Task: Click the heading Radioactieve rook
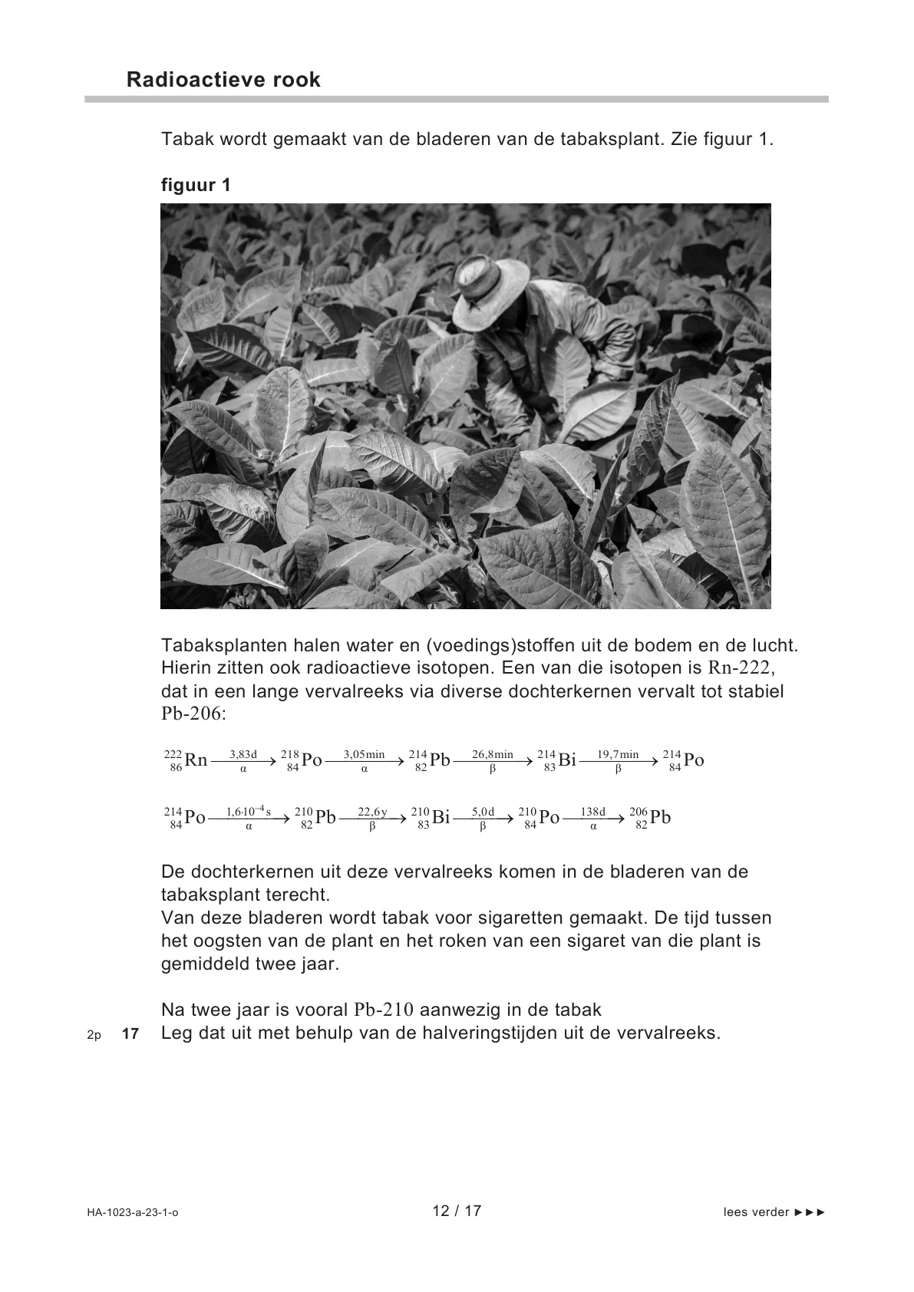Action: pos(223,80)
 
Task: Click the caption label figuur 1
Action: pos(196,185)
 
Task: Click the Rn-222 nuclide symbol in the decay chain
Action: pos(186,760)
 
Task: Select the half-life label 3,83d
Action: pos(243,754)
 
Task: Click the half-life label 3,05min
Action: pos(364,754)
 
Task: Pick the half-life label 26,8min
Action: pos(493,754)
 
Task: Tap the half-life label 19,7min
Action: pos(618,754)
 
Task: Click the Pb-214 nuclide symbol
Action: pos(430,760)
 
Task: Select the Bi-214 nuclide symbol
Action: pos(557,760)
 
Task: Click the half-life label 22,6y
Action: pos(372,812)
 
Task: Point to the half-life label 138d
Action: pos(593,812)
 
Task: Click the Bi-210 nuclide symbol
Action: pos(431,818)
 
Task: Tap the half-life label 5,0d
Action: pos(483,812)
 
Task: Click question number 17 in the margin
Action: pos(130,1034)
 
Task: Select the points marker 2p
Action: pos(94,1035)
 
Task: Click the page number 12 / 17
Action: pos(457,1211)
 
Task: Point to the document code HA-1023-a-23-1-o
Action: pos(133,1212)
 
